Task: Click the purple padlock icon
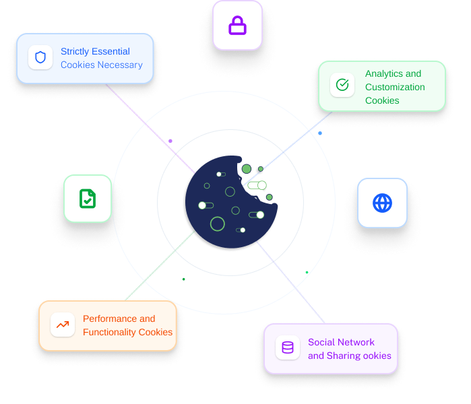point(237,26)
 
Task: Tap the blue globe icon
point(382,203)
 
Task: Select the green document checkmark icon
point(88,198)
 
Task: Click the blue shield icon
point(40,57)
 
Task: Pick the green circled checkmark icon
point(342,86)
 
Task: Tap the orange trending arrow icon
point(63,325)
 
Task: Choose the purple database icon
point(288,348)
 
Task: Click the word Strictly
point(76,51)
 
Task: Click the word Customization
point(395,87)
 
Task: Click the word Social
point(322,342)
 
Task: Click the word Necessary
point(121,65)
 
